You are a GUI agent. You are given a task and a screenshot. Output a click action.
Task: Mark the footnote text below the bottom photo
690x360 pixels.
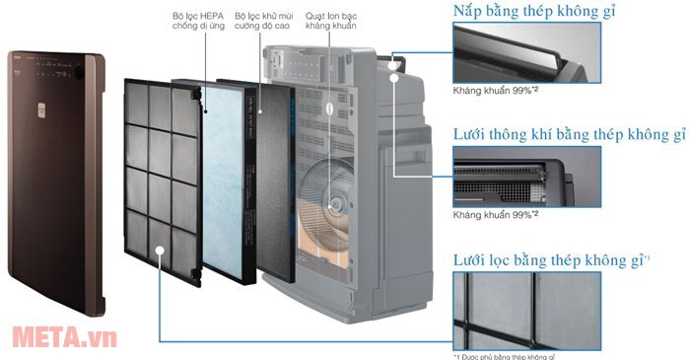coord(509,355)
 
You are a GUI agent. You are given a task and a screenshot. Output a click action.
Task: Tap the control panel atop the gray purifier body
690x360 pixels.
coord(307,69)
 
